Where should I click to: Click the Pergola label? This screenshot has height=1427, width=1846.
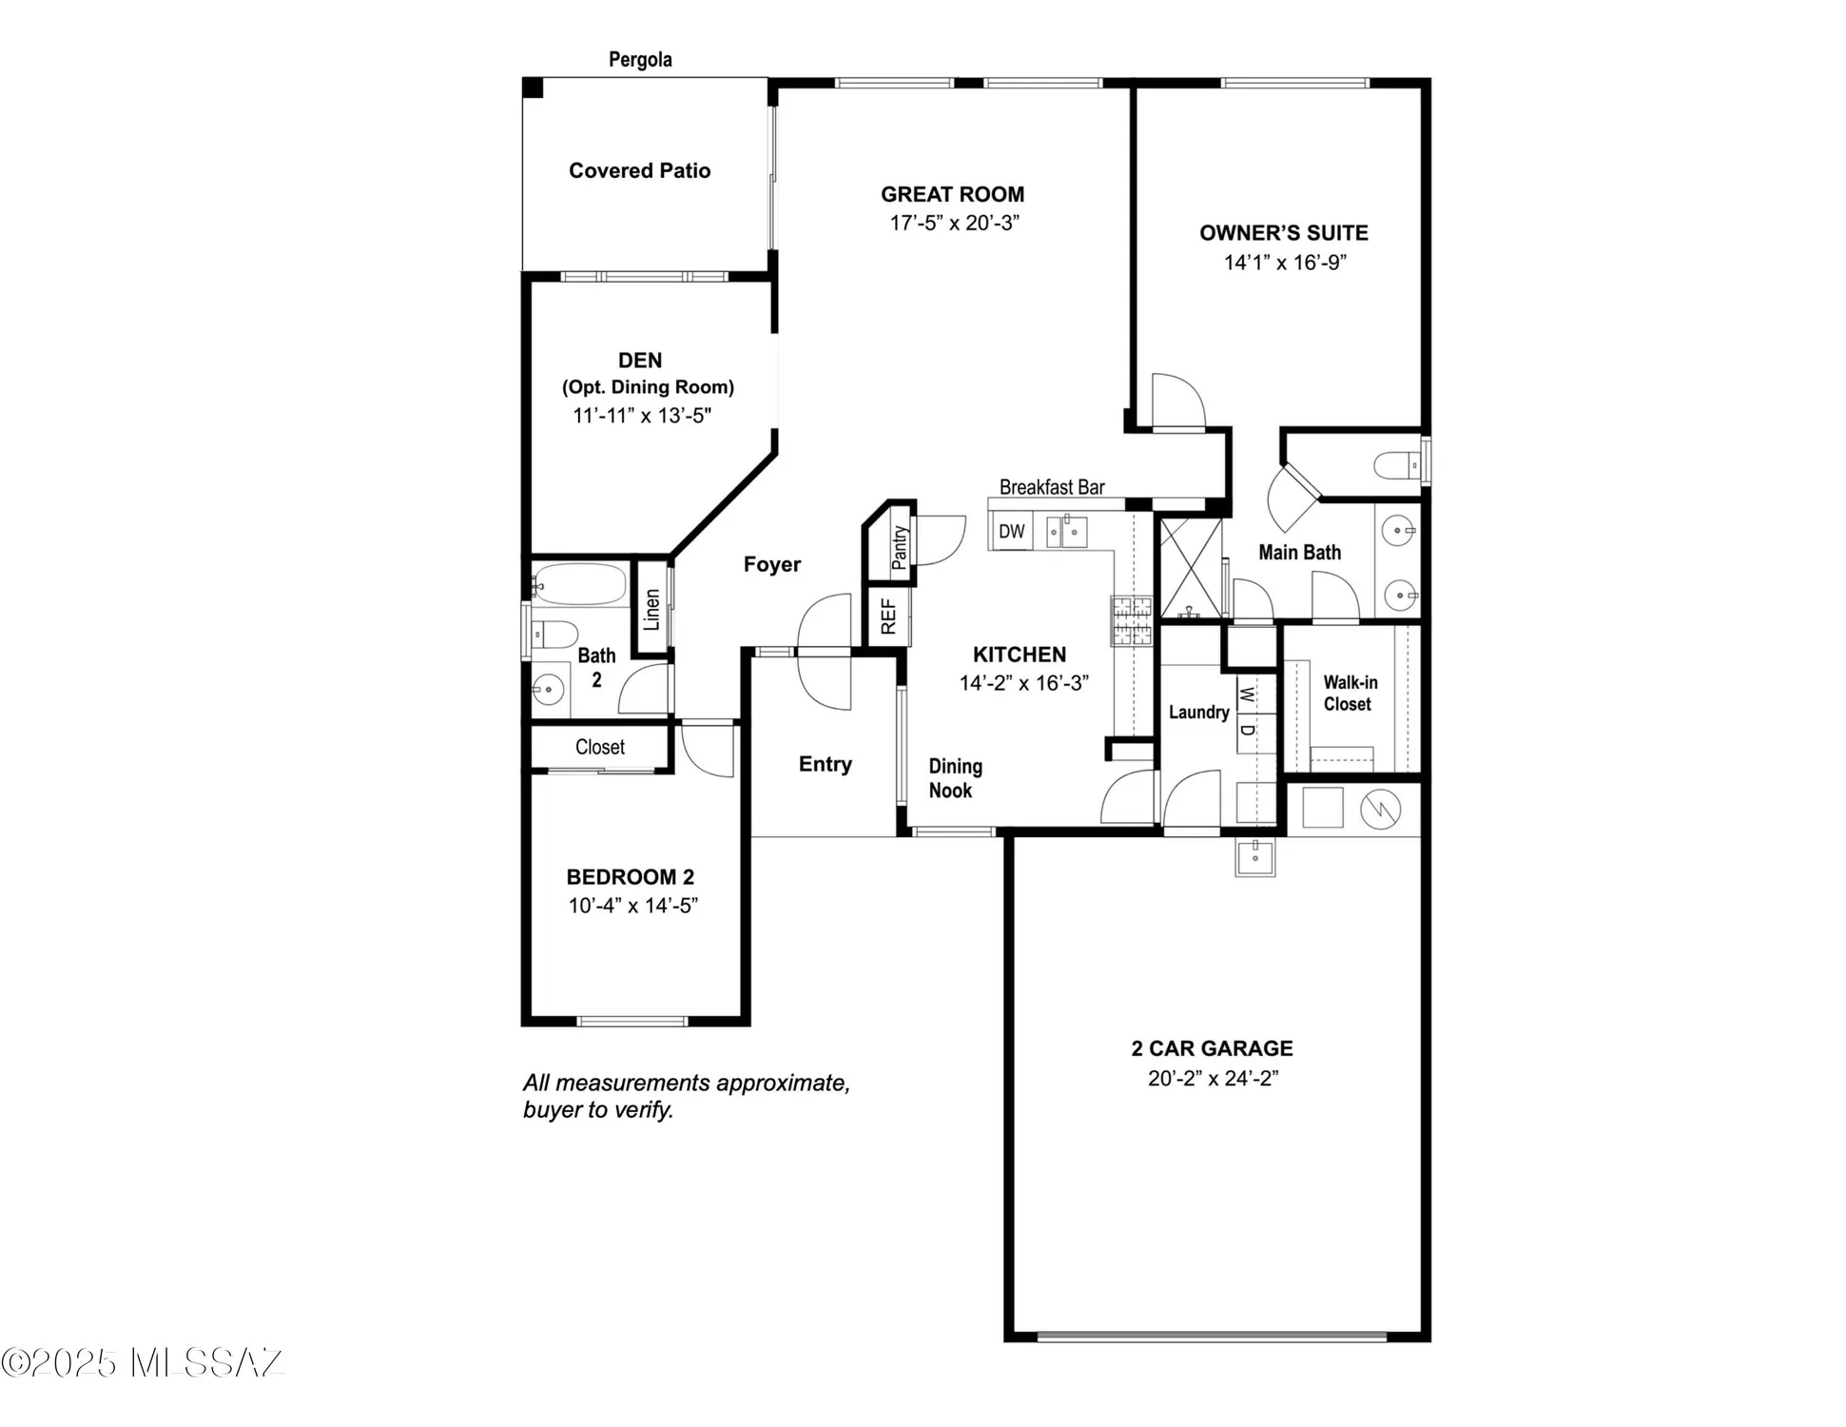(x=640, y=60)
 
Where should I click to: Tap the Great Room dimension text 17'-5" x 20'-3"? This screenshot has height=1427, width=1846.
(x=954, y=223)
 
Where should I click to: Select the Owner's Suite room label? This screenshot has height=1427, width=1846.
(x=1283, y=233)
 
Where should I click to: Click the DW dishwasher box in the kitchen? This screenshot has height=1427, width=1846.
(x=1011, y=531)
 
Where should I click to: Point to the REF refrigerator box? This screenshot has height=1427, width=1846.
(x=887, y=616)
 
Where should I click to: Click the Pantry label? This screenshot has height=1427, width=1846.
(x=899, y=547)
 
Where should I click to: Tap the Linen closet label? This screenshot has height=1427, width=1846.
(x=651, y=609)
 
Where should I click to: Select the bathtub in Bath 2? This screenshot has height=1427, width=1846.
(x=579, y=584)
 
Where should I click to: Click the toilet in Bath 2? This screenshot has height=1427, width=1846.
(x=554, y=634)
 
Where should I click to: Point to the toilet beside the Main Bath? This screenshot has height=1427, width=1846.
(x=1397, y=465)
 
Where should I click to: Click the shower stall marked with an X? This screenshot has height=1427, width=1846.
(x=1191, y=567)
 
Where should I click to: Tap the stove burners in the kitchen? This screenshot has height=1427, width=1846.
(x=1132, y=620)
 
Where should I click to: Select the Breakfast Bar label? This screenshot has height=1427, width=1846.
(x=1051, y=487)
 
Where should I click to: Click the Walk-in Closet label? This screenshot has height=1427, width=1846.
(x=1349, y=694)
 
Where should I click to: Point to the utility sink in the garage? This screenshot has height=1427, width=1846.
(x=1254, y=855)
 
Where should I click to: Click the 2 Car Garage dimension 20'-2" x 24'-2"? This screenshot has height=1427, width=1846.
(x=1213, y=1078)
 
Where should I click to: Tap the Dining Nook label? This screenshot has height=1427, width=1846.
(x=954, y=778)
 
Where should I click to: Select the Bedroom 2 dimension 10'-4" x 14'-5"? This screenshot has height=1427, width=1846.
(x=632, y=906)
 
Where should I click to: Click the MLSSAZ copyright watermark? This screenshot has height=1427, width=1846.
(x=143, y=1362)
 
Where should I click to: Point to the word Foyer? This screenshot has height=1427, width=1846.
(x=771, y=564)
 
